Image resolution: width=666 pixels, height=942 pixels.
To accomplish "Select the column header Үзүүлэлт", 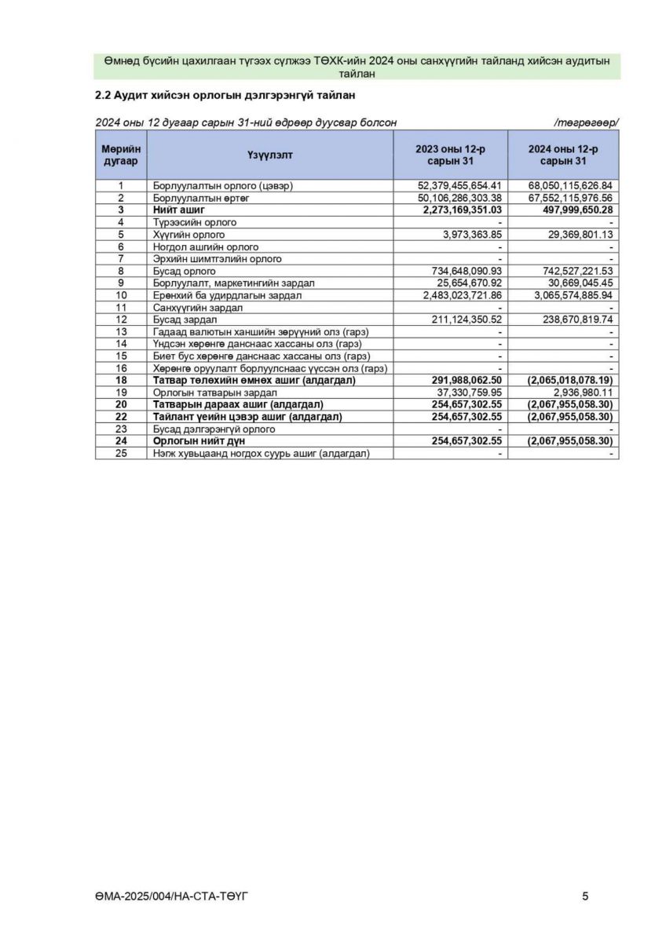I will pos(269,155).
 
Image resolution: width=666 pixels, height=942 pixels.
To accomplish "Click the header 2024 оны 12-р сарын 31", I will pos(562,155).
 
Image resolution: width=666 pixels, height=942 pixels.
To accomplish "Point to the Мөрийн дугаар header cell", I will pos(121,155).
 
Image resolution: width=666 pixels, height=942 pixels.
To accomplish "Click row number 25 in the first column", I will pos(121,453).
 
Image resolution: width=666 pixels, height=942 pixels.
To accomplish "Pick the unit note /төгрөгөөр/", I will pos(586,122).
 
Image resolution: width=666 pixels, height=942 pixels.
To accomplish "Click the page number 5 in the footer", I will pos(585,896).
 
